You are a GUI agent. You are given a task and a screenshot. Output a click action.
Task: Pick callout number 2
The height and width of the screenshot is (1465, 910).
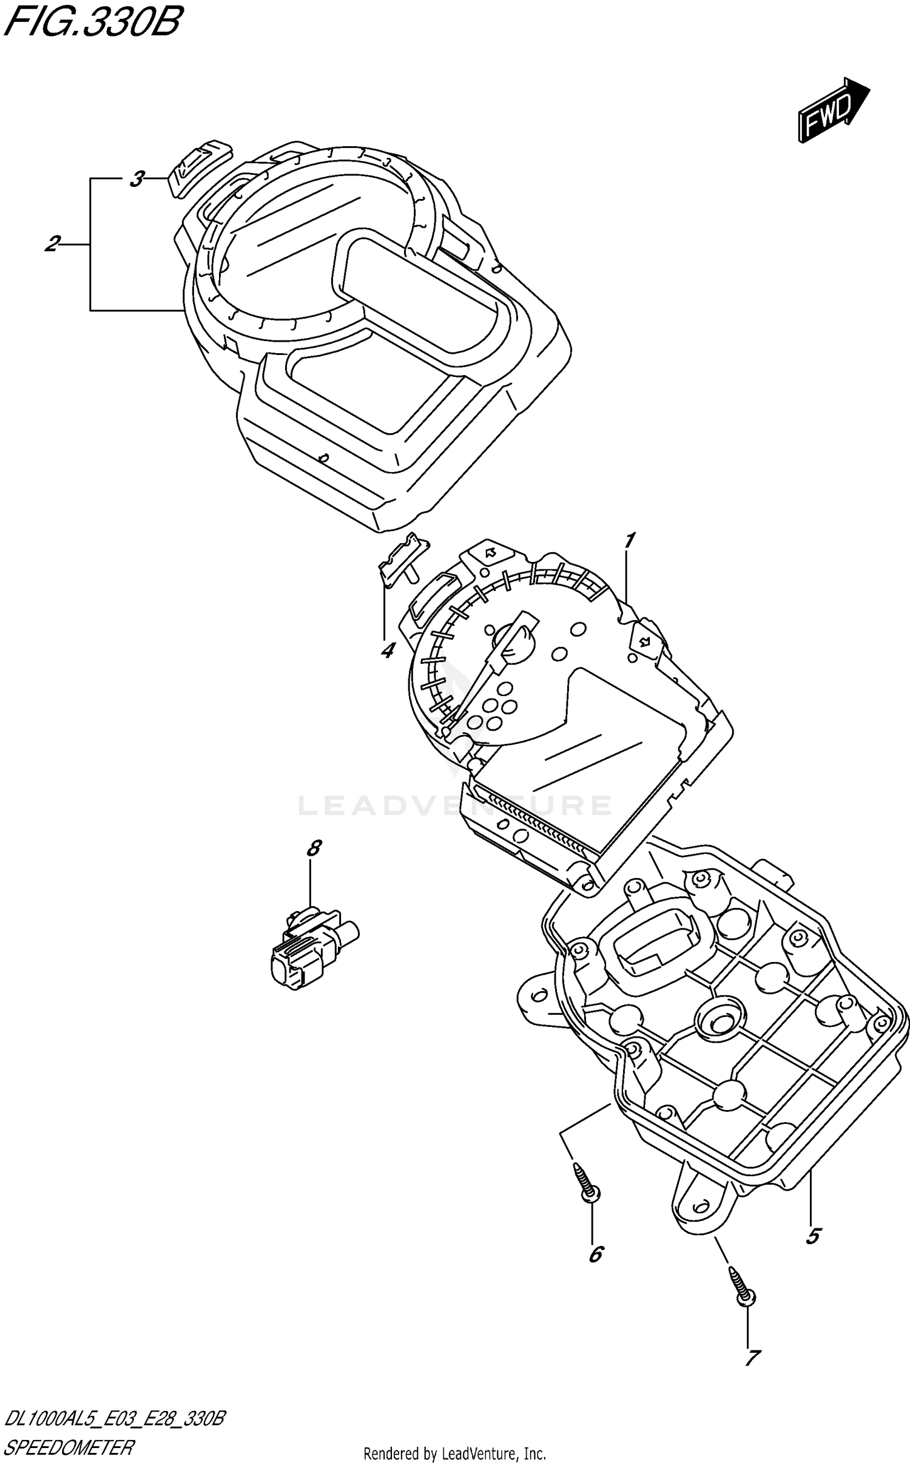[52, 245]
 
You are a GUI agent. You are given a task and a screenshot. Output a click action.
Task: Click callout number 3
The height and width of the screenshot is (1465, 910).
[137, 179]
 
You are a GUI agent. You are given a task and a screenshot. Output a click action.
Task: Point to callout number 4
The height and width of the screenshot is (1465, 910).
[387, 651]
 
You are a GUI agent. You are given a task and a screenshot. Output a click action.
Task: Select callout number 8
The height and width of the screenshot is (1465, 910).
[313, 848]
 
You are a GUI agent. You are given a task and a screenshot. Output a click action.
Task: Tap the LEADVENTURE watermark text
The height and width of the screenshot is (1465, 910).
[455, 806]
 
